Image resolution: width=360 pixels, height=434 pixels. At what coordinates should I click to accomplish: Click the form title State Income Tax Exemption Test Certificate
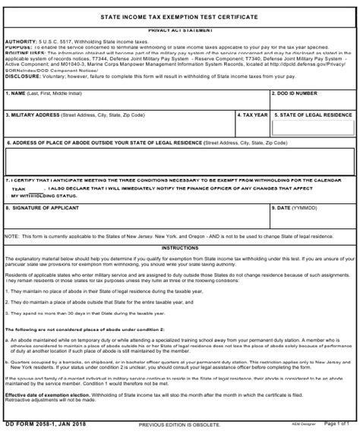(x=179, y=16)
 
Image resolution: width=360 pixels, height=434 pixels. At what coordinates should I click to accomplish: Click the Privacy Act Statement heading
(x=179, y=29)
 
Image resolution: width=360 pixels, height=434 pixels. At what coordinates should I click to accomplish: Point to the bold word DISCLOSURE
(x=22, y=75)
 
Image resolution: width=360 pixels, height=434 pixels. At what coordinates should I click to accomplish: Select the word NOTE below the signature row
(x=11, y=236)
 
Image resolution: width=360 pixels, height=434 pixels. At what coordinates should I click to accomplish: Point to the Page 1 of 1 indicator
(x=339, y=424)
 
